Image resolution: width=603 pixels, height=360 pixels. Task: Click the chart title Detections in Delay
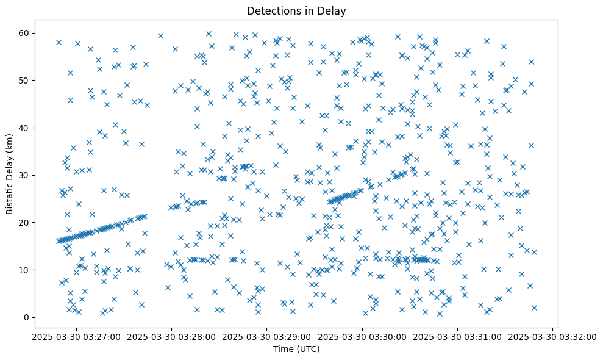point(296,11)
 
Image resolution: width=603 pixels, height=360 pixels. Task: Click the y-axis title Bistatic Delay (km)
point(10,174)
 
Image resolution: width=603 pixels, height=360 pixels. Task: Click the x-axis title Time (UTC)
point(296,349)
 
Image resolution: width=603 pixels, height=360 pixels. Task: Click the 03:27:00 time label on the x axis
point(77,337)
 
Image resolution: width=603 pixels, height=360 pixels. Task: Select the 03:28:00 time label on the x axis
point(173,337)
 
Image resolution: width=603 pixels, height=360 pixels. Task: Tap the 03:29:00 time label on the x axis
point(268,337)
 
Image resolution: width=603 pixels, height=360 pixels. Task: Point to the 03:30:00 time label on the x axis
point(363,337)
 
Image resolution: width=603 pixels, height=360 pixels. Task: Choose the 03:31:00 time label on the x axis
point(458,337)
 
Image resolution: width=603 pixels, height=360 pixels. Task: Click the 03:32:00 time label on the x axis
point(553,337)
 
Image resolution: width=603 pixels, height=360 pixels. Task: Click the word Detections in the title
point(271,11)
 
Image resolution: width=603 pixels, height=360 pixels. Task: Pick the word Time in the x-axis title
point(284,349)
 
